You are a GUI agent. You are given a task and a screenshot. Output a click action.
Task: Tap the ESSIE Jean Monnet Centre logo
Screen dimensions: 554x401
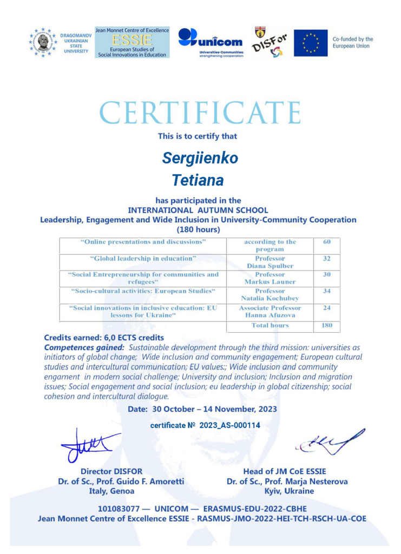(x=132, y=43)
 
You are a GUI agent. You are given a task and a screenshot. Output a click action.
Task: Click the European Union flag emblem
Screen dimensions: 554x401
(x=310, y=43)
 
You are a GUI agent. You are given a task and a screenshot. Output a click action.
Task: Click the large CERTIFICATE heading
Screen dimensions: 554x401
(x=200, y=113)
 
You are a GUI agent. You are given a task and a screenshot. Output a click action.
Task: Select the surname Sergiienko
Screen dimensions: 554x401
(x=200, y=159)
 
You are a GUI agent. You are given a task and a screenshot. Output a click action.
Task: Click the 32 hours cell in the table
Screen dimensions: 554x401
(x=326, y=259)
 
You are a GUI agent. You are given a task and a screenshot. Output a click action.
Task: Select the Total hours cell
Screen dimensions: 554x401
(x=269, y=326)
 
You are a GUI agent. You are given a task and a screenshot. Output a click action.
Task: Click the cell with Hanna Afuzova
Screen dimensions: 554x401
(x=269, y=311)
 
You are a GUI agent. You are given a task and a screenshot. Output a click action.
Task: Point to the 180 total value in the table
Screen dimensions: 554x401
(x=326, y=326)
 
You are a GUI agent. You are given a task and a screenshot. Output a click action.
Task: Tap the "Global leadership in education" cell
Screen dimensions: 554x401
(x=143, y=259)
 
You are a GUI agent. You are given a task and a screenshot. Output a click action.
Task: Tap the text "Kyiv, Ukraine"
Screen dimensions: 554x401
(x=287, y=491)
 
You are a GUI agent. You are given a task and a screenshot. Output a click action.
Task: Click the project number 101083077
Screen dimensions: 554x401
(x=120, y=509)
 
